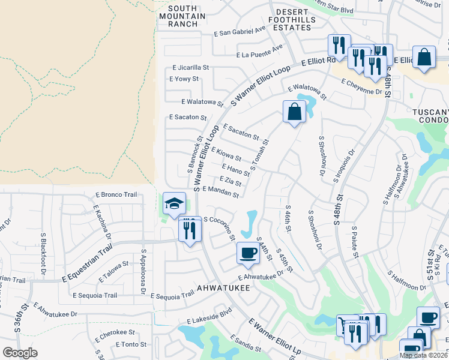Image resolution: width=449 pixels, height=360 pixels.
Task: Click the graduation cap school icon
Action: pyautogui.click(x=173, y=204)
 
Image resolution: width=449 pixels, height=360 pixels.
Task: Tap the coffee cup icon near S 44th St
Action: pyautogui.click(x=247, y=252)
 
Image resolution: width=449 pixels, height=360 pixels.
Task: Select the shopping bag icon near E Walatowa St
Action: pyautogui.click(x=294, y=112)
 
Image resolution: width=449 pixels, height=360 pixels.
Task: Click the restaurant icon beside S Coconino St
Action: pyautogui.click(x=190, y=229)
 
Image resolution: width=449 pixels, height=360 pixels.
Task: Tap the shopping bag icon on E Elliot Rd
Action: pyautogui.click(x=424, y=58)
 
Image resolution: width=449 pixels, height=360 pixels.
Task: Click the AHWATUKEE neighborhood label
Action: pyautogui.click(x=223, y=287)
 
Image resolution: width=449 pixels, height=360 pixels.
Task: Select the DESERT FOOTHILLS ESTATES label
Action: pyautogui.click(x=300, y=16)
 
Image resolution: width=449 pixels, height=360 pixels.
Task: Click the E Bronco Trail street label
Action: pyautogui.click(x=116, y=195)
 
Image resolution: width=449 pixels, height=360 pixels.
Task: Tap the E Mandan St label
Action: pyautogui.click(x=221, y=191)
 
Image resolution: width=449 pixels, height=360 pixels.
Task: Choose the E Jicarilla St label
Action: pyautogui.click(x=190, y=68)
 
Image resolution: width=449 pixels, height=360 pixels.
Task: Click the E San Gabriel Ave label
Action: pyautogui.click(x=240, y=31)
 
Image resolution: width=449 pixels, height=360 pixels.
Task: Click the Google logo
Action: pyautogui.click(x=20, y=353)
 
